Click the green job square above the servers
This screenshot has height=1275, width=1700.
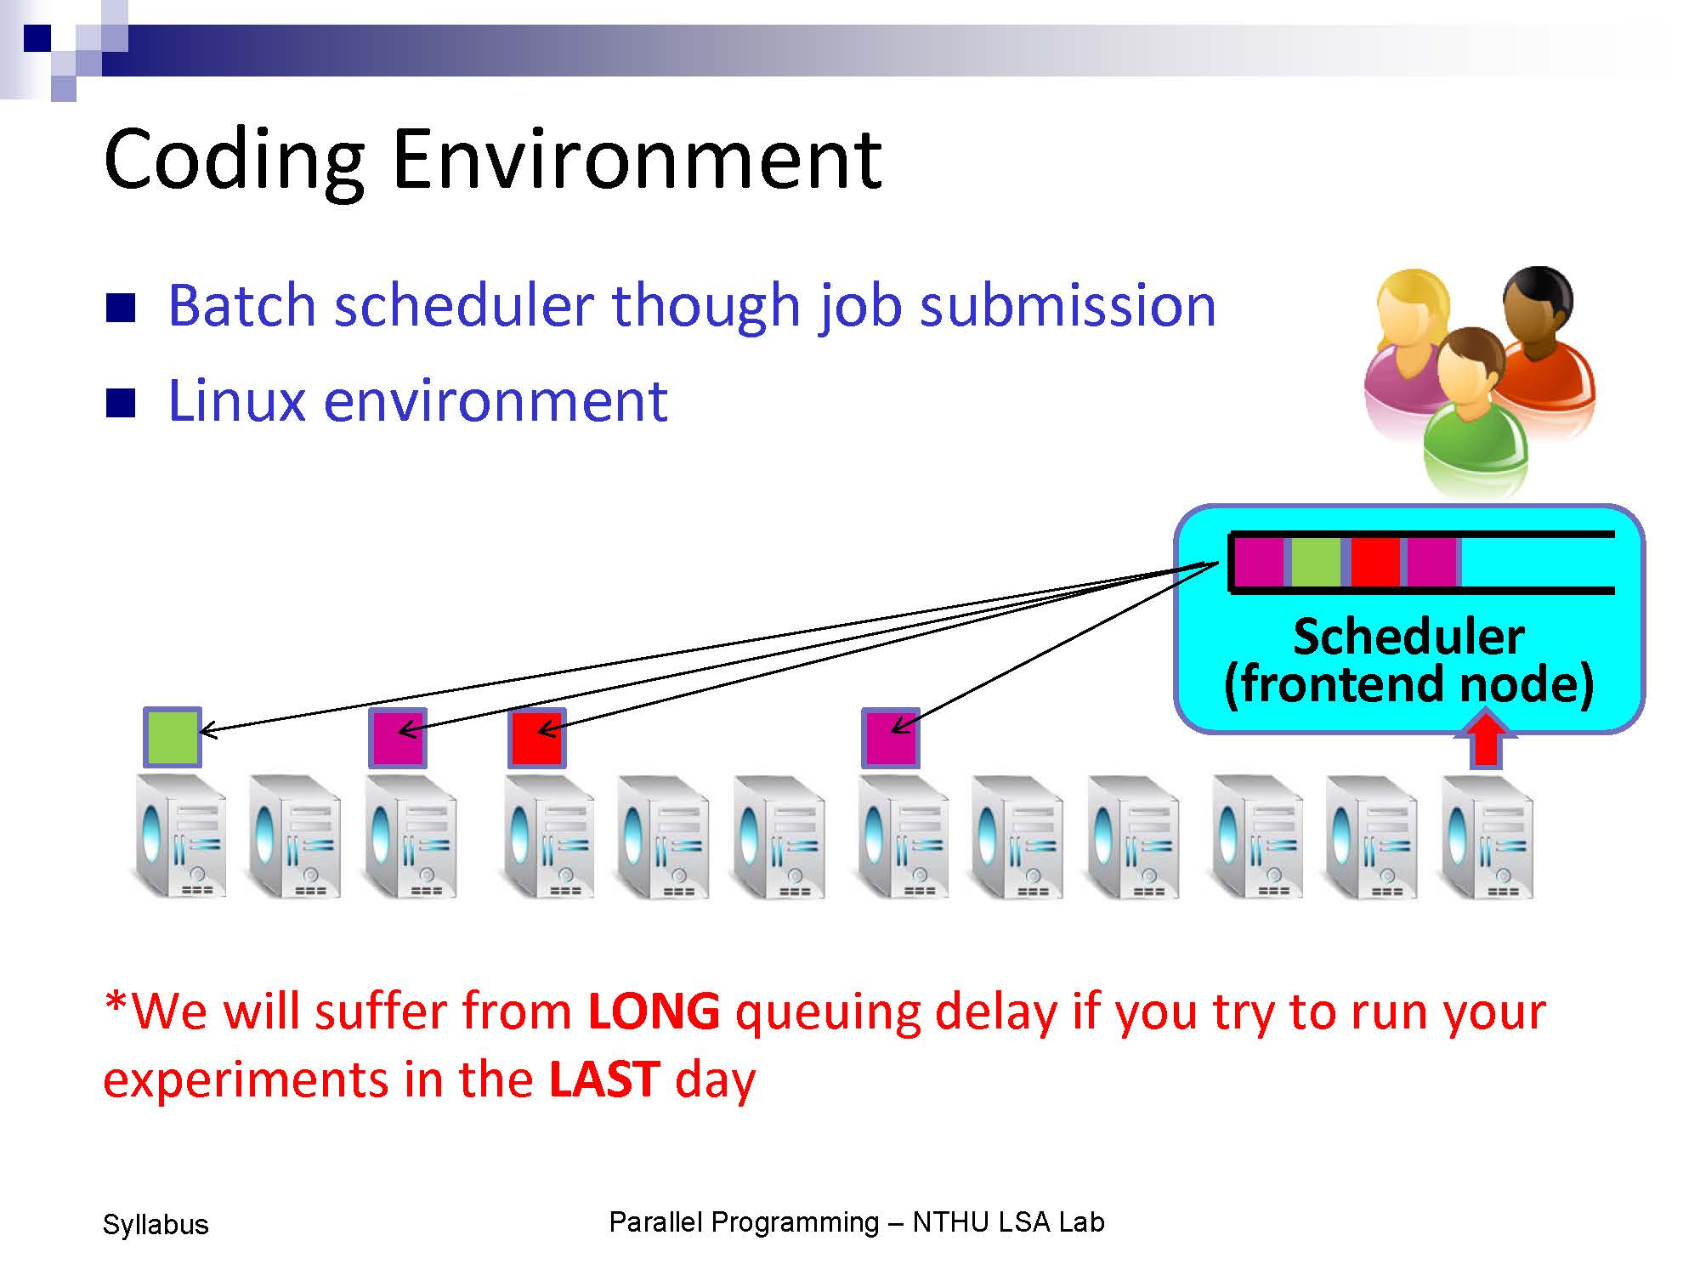[173, 738]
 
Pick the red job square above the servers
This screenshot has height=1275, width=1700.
[537, 738]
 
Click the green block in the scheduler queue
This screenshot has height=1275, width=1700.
[1316, 562]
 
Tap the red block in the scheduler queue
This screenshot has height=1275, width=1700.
[1375, 562]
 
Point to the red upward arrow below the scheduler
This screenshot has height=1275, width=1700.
[1485, 739]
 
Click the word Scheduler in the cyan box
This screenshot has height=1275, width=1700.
[1408, 637]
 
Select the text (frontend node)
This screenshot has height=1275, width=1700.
[1408, 684]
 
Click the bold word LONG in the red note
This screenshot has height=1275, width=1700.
[654, 1011]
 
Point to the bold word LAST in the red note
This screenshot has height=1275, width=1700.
[604, 1079]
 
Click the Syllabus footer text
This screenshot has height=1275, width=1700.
[156, 1225]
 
